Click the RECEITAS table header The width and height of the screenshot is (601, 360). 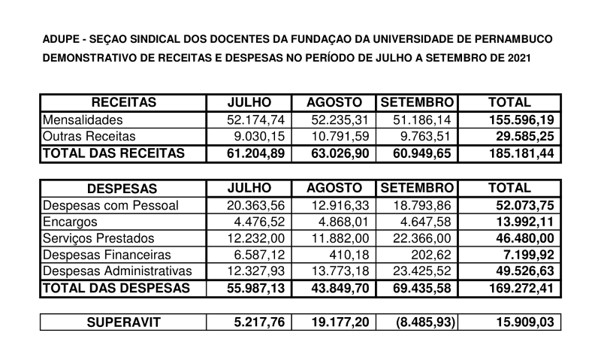(123, 103)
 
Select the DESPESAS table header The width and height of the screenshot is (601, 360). (123, 189)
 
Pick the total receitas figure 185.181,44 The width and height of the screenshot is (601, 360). (512, 153)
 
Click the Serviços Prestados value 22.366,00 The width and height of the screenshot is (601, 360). (418, 238)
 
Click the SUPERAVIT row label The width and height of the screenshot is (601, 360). (123, 323)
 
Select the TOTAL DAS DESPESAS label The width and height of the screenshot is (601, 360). (113, 288)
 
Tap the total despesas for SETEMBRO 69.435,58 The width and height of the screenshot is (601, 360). (418, 288)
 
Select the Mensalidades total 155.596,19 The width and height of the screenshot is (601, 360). (512, 120)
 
